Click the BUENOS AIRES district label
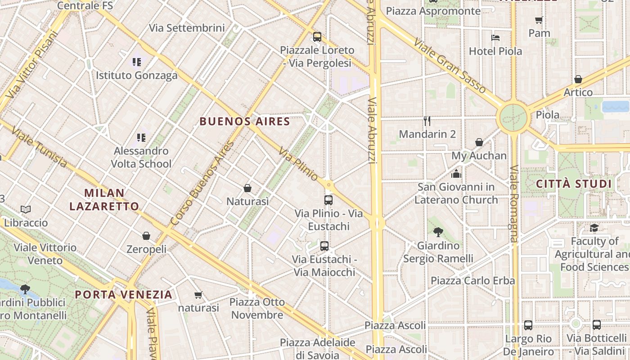tap(244, 121)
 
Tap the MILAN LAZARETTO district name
tap(104, 200)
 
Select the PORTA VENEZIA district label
tap(123, 295)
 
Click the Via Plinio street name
tap(298, 164)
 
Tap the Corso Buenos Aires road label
tap(202, 184)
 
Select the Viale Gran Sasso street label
tap(450, 67)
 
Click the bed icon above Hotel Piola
tap(495, 38)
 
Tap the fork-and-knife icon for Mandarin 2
tap(427, 121)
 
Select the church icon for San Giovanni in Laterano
tap(456, 173)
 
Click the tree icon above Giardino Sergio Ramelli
tap(438, 232)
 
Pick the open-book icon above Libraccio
tap(26, 209)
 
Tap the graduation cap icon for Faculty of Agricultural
tap(594, 228)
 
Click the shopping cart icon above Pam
tap(539, 20)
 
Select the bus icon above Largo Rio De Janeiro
tap(528, 325)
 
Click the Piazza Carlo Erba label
tap(472, 281)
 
